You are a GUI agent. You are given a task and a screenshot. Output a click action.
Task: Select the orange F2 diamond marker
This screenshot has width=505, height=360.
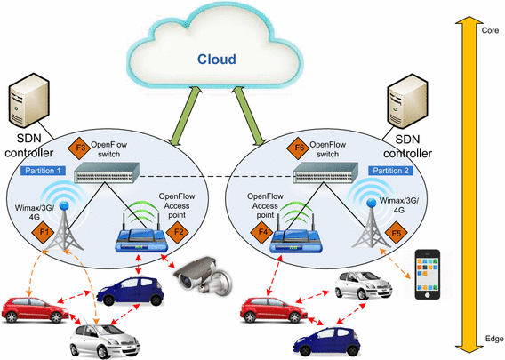179,232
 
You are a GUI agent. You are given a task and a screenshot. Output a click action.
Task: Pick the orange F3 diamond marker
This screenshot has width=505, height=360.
79,147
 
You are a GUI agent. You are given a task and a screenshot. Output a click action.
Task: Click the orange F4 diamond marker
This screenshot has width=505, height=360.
263,233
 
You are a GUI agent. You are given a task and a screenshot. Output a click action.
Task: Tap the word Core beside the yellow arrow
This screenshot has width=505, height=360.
488,30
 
